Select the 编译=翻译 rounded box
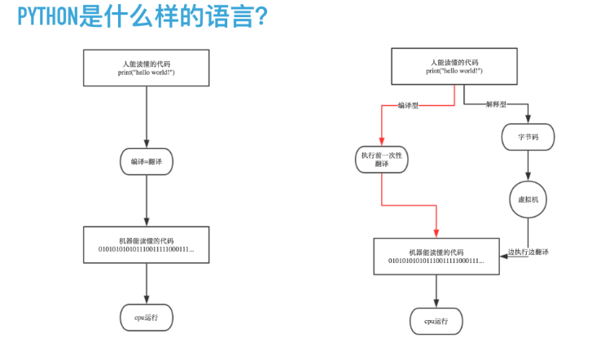pyautogui.click(x=147, y=161)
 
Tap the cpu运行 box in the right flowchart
pyautogui.click(x=436, y=321)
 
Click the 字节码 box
pyautogui.click(x=528, y=138)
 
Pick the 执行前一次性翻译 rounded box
pyautogui.click(x=381, y=159)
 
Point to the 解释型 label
pyautogui.click(x=495, y=104)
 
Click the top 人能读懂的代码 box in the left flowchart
pyautogui.click(x=146, y=68)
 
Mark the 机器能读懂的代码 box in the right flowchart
pyautogui.click(x=436, y=256)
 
